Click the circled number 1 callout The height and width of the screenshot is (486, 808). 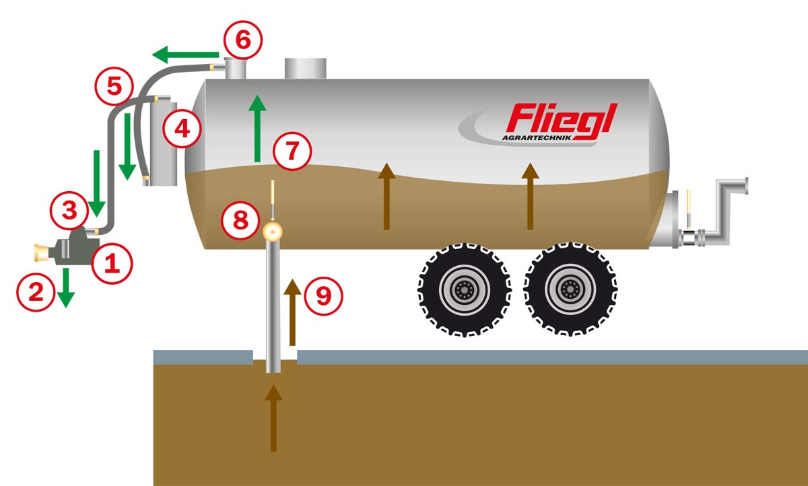point(110,263)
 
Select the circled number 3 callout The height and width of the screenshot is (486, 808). point(69,209)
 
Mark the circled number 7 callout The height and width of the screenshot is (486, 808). point(292,150)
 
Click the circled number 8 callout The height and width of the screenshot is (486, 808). point(241,219)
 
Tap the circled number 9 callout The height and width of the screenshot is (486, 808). point(324,296)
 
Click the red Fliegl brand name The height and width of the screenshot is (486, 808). point(562,118)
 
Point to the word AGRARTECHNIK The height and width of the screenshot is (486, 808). point(536,139)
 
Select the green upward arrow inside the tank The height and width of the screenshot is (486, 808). point(256,129)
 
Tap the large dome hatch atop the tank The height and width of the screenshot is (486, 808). point(305,68)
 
